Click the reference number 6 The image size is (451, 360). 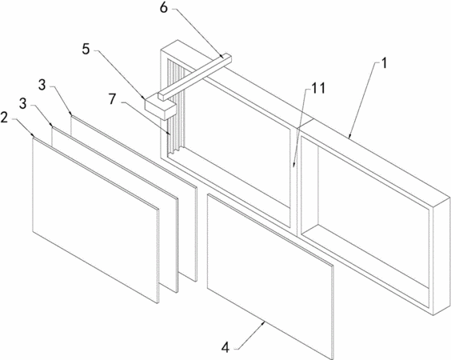click(163, 8)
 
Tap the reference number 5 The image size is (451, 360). click(86, 50)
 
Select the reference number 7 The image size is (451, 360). click(112, 99)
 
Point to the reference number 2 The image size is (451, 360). click(4, 118)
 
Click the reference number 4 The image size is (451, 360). click(225, 348)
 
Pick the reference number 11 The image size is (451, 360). click(318, 88)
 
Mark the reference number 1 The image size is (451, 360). click(385, 63)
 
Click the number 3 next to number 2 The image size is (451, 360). click(23, 104)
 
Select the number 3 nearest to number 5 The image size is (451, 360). click(42, 85)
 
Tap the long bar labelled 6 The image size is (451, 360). click(195, 77)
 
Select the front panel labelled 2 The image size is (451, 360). click(95, 220)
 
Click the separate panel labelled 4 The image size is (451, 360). click(270, 276)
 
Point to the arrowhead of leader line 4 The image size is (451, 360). click(264, 322)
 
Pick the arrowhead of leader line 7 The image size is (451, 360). click(170, 134)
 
